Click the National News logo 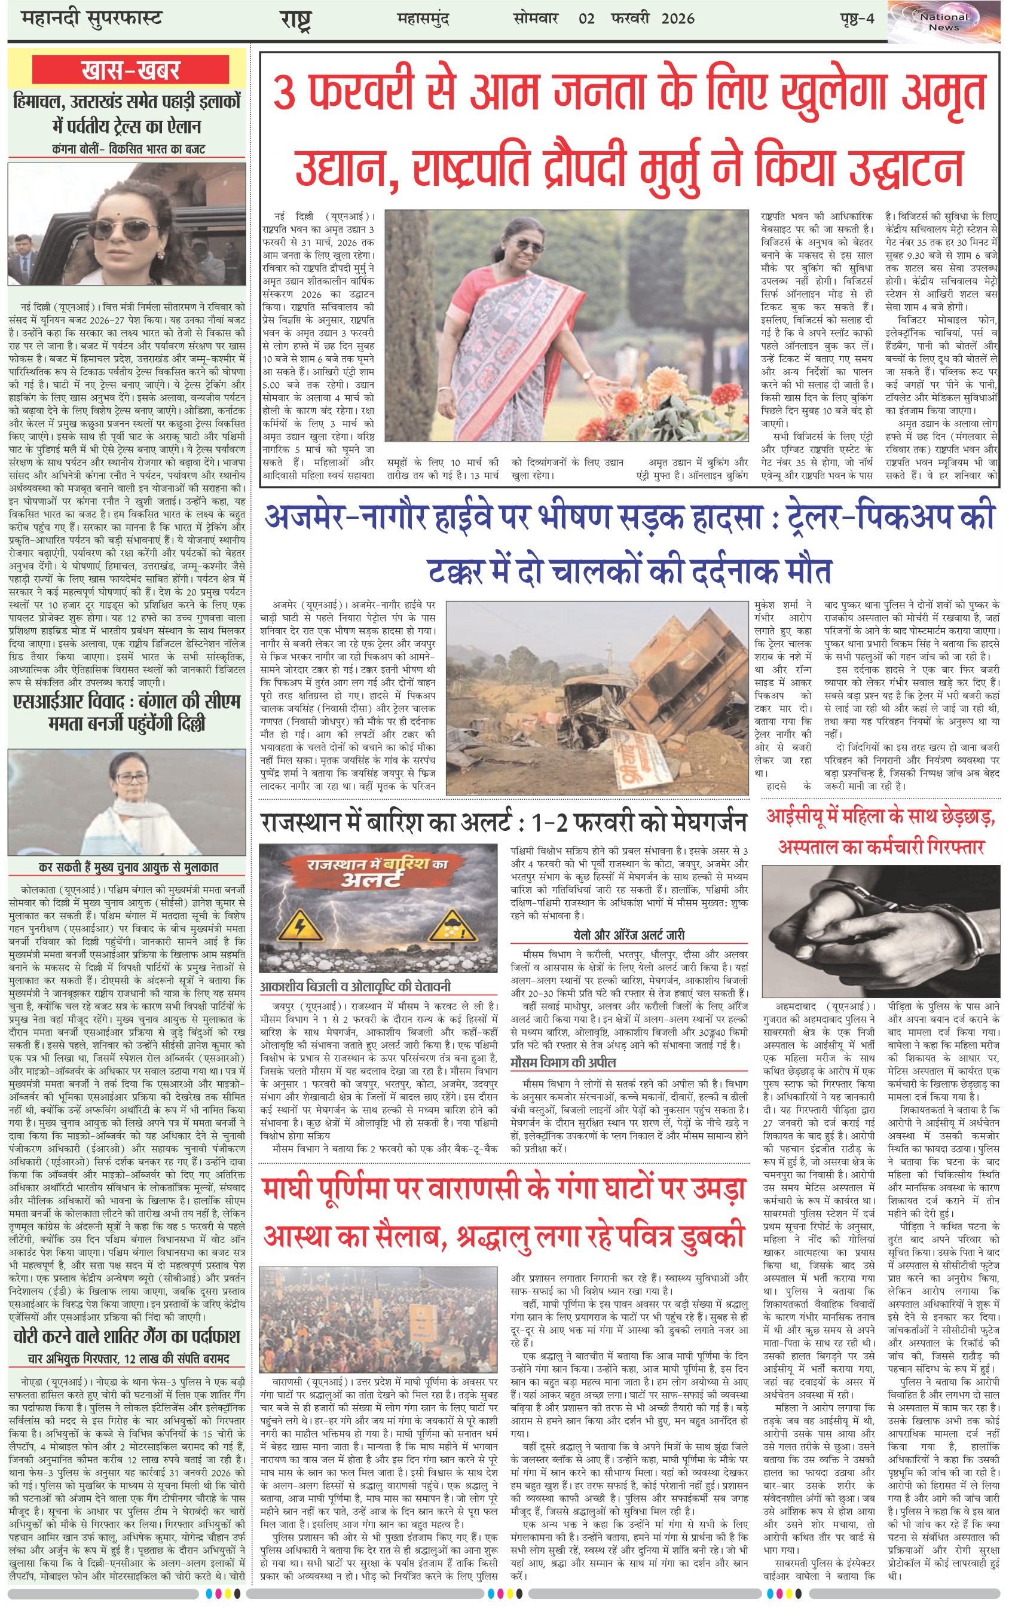pyautogui.click(x=944, y=22)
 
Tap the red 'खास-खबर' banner pyautogui.click(x=130, y=70)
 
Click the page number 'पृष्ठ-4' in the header pyautogui.click(x=856, y=19)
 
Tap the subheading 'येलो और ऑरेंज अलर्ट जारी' pyautogui.click(x=629, y=935)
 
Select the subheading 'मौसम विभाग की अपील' pyautogui.click(x=562, y=1062)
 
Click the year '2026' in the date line pyautogui.click(x=678, y=19)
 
